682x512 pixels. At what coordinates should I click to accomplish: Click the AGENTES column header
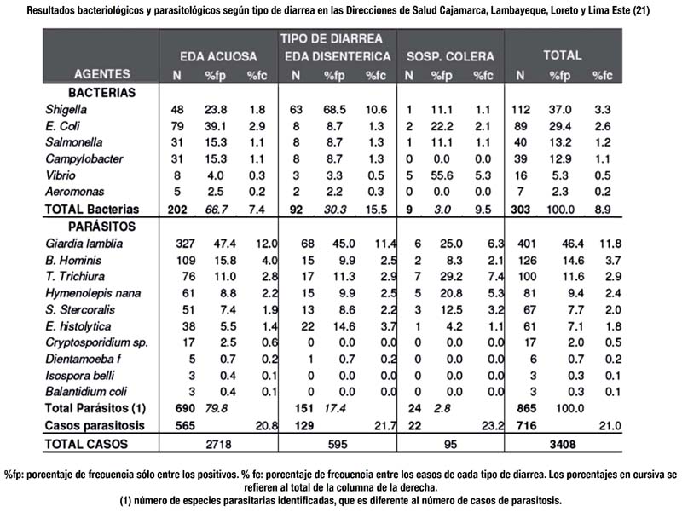(x=101, y=74)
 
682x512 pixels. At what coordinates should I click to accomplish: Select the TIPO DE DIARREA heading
(x=331, y=38)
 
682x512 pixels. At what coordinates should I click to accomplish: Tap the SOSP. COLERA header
(x=450, y=56)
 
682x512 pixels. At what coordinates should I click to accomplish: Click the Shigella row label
(x=66, y=110)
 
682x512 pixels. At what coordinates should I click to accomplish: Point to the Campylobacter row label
(x=84, y=159)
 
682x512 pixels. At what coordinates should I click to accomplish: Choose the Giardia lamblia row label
(x=84, y=244)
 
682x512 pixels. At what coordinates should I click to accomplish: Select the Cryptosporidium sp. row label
(x=96, y=343)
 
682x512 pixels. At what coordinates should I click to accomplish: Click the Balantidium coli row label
(x=86, y=392)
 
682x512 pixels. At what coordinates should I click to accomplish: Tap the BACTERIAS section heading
(x=101, y=93)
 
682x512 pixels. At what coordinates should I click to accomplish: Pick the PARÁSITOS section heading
(x=101, y=227)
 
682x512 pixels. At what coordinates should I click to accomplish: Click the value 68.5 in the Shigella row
(x=334, y=110)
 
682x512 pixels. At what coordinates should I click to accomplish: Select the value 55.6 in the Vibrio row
(x=442, y=175)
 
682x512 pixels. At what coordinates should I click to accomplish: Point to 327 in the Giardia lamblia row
(x=185, y=244)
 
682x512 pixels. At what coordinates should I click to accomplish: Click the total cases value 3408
(x=563, y=444)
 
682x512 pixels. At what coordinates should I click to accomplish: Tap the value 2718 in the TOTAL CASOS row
(x=218, y=444)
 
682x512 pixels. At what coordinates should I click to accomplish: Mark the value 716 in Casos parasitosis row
(x=526, y=425)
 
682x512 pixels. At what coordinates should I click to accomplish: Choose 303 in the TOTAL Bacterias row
(x=520, y=210)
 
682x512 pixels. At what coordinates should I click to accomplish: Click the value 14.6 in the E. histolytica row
(x=344, y=326)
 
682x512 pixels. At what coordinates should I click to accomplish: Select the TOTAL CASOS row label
(x=86, y=444)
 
